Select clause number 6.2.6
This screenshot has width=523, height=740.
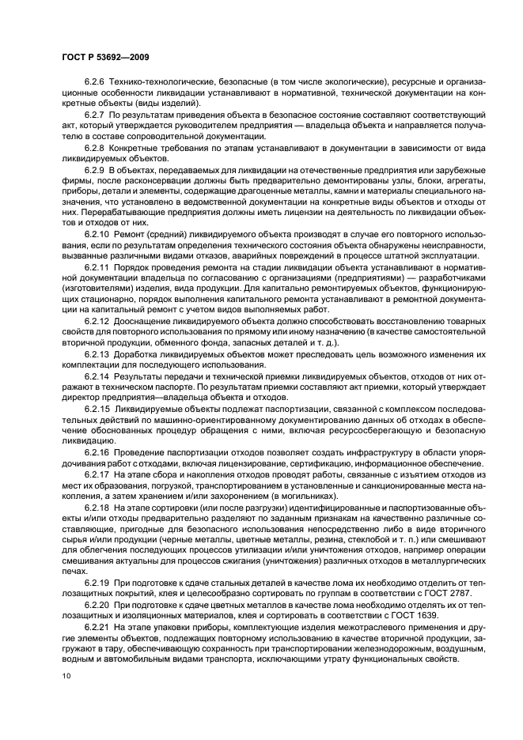[x=95, y=82]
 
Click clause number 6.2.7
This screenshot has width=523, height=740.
[x=95, y=115]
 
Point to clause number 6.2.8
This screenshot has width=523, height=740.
[x=95, y=148]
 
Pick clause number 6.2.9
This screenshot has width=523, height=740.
[x=95, y=170]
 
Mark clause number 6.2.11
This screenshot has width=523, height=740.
[x=97, y=268]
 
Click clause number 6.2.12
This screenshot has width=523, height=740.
[x=97, y=323]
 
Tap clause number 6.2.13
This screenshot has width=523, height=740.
[x=97, y=355]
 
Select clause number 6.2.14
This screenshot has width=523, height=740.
[x=97, y=377]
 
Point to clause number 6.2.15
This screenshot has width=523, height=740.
[x=97, y=410]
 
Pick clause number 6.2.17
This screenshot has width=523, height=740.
[x=97, y=475]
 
